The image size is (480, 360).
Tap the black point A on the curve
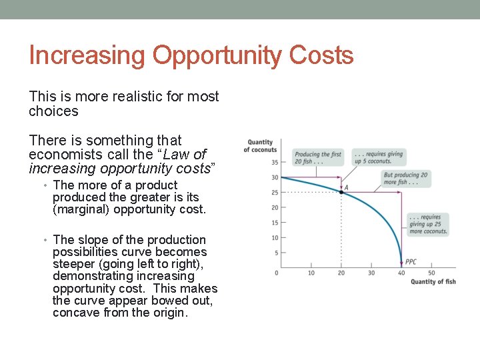click(x=341, y=192)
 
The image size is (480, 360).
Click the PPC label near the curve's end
click(x=411, y=262)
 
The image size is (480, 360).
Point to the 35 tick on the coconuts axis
click(x=275, y=162)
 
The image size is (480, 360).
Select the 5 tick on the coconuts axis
click(x=276, y=253)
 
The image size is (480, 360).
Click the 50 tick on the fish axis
click(x=431, y=273)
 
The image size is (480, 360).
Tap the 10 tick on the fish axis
click(x=311, y=273)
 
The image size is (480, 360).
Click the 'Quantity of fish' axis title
click(x=433, y=281)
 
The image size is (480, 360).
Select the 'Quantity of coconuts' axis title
click(x=260, y=145)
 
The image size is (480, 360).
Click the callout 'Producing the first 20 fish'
click(x=318, y=158)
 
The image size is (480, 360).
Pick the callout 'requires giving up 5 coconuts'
click(x=378, y=158)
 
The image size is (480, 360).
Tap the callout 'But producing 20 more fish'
click(x=405, y=178)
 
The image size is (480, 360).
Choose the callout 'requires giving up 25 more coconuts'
click(x=425, y=224)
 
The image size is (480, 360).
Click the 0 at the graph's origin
click(x=277, y=273)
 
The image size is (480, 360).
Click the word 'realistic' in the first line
click(x=133, y=96)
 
